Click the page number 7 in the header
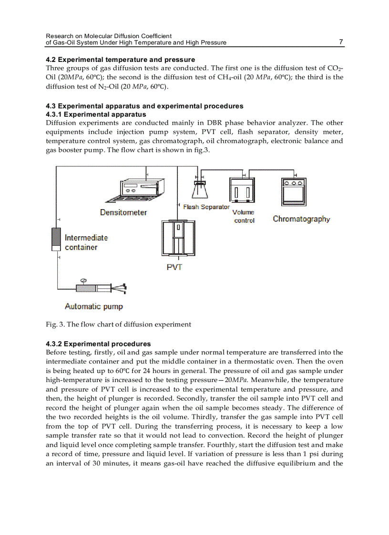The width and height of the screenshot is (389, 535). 341,41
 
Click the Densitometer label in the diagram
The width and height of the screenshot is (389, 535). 123,212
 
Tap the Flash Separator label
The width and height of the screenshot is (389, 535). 206,207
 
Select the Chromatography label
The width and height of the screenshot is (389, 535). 301,219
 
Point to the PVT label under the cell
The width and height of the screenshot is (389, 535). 174,268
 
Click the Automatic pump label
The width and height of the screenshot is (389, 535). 94,306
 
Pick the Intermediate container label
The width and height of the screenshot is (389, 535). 86,242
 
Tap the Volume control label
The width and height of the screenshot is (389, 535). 244,216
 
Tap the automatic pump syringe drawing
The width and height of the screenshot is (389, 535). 100,288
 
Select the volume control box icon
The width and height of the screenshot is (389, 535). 243,191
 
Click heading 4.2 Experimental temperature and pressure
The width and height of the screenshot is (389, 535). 120,60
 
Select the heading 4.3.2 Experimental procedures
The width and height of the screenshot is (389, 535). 98,343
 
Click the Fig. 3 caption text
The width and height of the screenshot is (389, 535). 118,324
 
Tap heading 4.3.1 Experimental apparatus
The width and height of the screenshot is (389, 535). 96,114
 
